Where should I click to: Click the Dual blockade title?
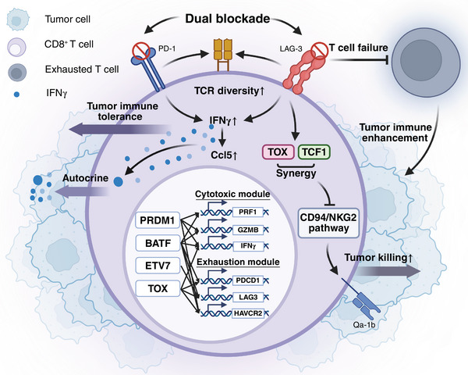click(x=228, y=19)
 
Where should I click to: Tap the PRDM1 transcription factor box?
click(x=158, y=220)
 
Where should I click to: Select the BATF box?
click(x=158, y=243)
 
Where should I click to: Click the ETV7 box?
click(x=158, y=266)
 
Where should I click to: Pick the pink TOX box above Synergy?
click(x=278, y=152)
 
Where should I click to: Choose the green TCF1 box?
click(x=314, y=152)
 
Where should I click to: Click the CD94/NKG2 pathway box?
click(x=328, y=223)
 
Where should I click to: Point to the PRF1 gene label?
click(x=248, y=212)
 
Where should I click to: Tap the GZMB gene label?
click(x=248, y=230)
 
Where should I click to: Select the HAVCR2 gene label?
click(x=248, y=313)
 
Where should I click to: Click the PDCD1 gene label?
click(x=248, y=280)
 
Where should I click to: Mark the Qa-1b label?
click(x=363, y=324)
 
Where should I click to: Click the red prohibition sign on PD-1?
click(x=141, y=51)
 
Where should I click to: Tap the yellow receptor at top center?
click(x=222, y=55)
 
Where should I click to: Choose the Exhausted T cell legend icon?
click(x=17, y=73)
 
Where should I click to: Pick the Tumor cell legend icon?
click(x=18, y=20)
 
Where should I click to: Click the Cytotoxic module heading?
click(x=232, y=194)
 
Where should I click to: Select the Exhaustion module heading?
click(x=238, y=262)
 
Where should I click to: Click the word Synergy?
click(x=296, y=173)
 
